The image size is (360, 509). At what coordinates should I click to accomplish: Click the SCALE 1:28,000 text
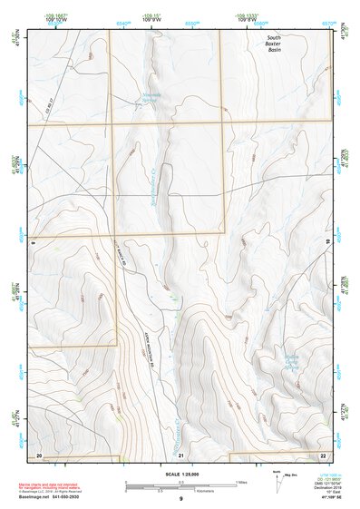pyautogui.click(x=180, y=475)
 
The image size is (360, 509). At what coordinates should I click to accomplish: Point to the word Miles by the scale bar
pyautogui.click(x=240, y=482)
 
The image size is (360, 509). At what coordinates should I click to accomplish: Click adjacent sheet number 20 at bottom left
pyautogui.click(x=38, y=454)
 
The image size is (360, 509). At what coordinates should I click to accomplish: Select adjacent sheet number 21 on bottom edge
pyautogui.click(x=181, y=454)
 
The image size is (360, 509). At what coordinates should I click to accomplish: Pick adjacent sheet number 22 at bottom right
pyautogui.click(x=324, y=454)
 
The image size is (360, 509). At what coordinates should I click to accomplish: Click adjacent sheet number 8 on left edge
pyautogui.click(x=31, y=243)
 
